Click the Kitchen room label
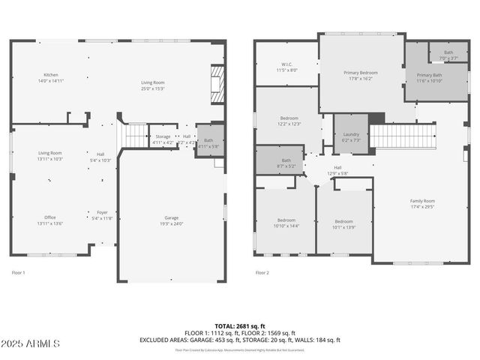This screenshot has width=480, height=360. click(x=50, y=77)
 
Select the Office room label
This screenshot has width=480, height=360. click(x=50, y=220)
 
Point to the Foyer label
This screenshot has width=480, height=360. click(x=103, y=215)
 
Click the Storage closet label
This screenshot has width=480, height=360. click(x=163, y=139)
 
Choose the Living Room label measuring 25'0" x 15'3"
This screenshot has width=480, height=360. click(x=153, y=85)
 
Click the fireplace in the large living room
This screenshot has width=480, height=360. click(x=217, y=84)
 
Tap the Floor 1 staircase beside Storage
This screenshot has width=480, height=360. click(x=135, y=136)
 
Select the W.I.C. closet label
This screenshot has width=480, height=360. click(x=286, y=67)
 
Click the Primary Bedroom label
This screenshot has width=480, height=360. click(x=360, y=75)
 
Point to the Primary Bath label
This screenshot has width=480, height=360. click(x=430, y=77)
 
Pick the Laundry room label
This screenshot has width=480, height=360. click(x=351, y=136)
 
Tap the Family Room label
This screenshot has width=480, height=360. click(x=422, y=204)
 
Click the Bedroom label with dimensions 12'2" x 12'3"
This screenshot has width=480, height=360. click(x=289, y=121)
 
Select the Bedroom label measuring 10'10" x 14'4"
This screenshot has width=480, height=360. click(x=286, y=223)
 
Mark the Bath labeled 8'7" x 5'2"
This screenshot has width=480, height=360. click(x=286, y=162)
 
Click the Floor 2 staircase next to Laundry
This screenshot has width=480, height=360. click(x=403, y=136)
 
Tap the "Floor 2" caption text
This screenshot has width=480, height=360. click(x=262, y=273)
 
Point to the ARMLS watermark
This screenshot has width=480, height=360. click(x=31, y=343)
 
